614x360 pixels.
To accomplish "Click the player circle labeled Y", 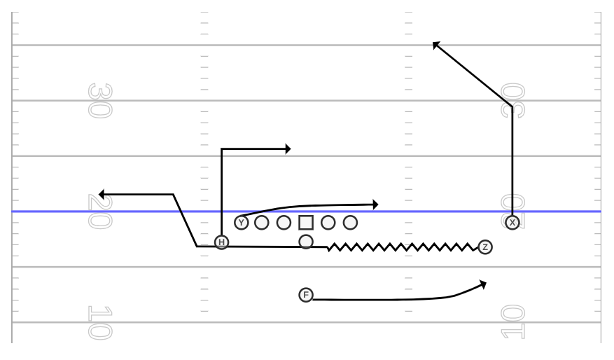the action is pyautogui.click(x=242, y=223).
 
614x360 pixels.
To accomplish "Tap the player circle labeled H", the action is pyautogui.click(x=221, y=242).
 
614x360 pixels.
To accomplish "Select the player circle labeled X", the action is pyautogui.click(x=512, y=223).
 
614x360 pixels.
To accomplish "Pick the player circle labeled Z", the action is pyautogui.click(x=485, y=247).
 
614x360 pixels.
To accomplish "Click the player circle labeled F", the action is pyautogui.click(x=306, y=295).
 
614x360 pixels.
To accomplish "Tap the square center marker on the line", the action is pyautogui.click(x=306, y=223).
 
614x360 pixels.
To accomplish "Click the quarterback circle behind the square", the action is pyautogui.click(x=306, y=242).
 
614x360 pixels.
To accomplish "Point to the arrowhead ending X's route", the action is pyautogui.click(x=436, y=45).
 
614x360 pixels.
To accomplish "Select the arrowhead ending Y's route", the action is pyautogui.click(x=375, y=205).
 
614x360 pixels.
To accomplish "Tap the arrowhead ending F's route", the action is pyautogui.click(x=483, y=284).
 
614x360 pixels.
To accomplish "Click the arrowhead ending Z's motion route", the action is pyautogui.click(x=102, y=194).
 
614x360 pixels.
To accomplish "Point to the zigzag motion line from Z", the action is pyautogui.click(x=403, y=247).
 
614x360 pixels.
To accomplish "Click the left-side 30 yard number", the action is pyautogui.click(x=100, y=100).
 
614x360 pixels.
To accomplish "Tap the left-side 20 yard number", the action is pyautogui.click(x=100, y=212).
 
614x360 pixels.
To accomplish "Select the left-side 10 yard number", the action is pyautogui.click(x=100, y=322).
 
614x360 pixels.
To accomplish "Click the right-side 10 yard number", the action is pyautogui.click(x=512, y=321).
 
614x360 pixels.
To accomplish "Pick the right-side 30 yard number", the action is pyautogui.click(x=512, y=100).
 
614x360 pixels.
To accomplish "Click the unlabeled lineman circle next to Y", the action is pyautogui.click(x=262, y=223).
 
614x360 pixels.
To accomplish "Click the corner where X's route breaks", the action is pyautogui.click(x=512, y=106).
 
